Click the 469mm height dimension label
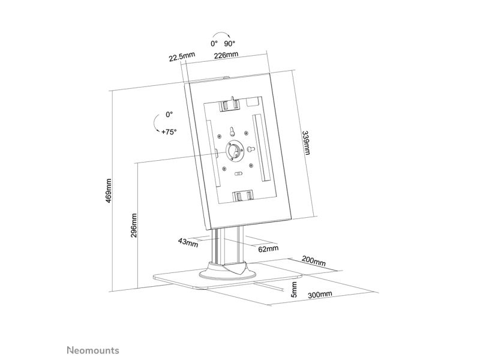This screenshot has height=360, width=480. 109,191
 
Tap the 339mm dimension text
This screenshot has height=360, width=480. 306,143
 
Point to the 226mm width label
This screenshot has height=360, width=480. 226,55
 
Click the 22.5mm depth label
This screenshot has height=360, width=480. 182,56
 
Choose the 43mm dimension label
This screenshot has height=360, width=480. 188,243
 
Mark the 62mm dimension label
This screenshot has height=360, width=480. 268,248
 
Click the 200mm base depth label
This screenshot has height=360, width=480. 314,261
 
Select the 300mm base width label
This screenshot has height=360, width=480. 320,295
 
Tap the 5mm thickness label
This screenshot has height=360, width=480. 294,289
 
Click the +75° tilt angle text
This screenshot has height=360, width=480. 169,132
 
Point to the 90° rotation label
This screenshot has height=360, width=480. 230,43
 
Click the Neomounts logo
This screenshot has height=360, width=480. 93,350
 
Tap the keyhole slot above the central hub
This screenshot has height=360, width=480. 232,131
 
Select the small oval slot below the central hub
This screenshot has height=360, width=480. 238,174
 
